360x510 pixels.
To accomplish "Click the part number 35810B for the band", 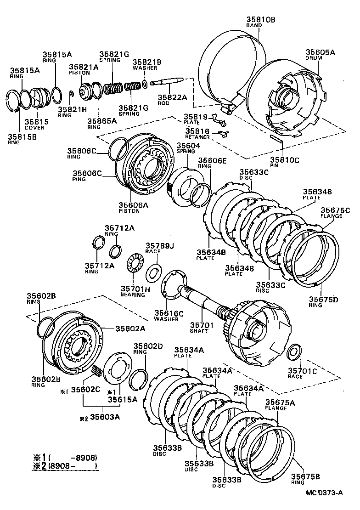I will (260, 20).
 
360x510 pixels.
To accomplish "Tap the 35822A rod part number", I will (172, 97).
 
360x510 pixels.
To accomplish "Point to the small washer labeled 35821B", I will (145, 83).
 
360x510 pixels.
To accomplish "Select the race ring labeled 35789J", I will (153, 272).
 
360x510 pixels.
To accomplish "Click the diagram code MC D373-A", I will (325, 493).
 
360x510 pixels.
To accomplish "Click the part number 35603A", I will (105, 417).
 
